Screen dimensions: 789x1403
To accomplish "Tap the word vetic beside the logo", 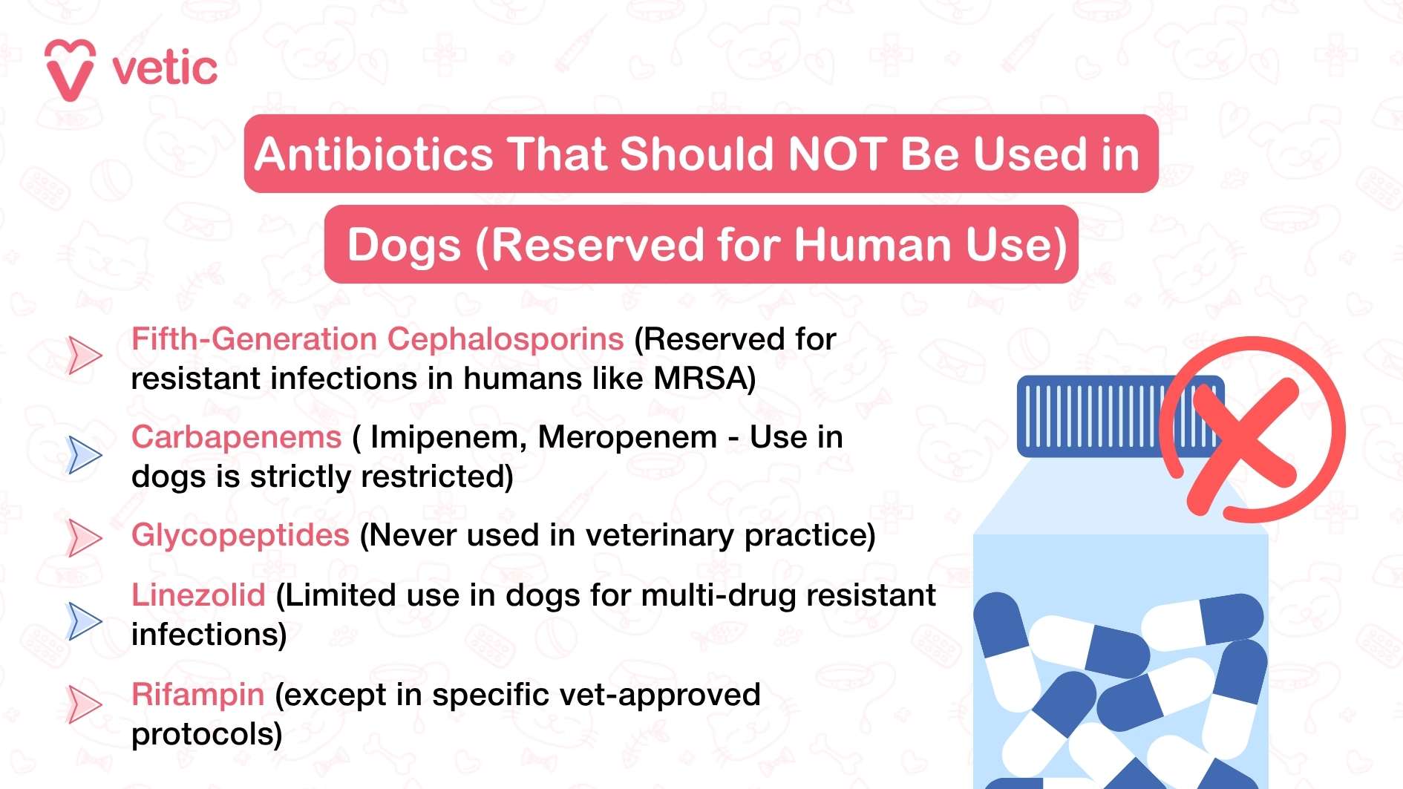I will (x=165, y=69).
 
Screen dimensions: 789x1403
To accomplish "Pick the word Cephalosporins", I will (x=506, y=339).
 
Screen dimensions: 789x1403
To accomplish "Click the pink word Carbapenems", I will (x=236, y=437).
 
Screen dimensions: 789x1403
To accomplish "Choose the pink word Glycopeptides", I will (x=240, y=535).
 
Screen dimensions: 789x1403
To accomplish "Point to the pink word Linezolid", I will (x=198, y=595).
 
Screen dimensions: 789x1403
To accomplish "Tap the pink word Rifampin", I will (x=197, y=695).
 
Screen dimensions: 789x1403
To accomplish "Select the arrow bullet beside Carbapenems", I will (x=84, y=454).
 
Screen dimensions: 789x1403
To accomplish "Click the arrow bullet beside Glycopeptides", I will (x=84, y=537).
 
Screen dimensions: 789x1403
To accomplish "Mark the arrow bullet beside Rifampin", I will (x=84, y=704).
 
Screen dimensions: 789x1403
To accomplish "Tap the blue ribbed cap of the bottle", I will (x=1091, y=416).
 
